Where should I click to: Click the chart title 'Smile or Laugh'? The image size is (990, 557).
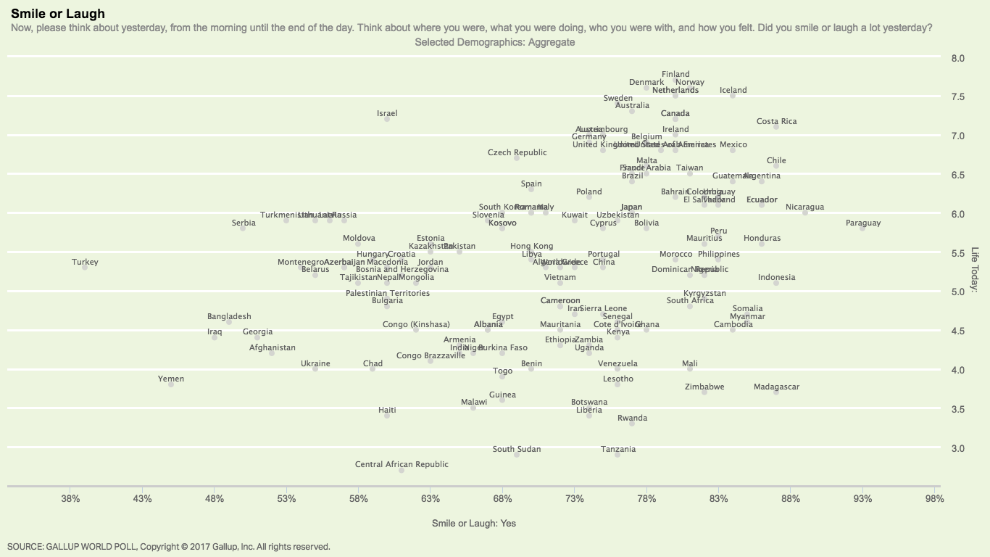click(x=58, y=14)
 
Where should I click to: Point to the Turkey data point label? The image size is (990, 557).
click(x=85, y=262)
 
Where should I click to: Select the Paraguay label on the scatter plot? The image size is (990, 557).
click(x=862, y=223)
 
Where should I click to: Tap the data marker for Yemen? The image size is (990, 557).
click(x=171, y=384)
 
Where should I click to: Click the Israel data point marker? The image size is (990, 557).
click(x=387, y=119)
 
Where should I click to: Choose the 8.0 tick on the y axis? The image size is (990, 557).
click(x=957, y=59)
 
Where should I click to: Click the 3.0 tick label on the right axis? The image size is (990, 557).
click(x=957, y=449)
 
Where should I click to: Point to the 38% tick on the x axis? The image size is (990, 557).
click(x=70, y=499)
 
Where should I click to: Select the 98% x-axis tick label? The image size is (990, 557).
click(x=934, y=499)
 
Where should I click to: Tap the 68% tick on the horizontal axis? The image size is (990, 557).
click(x=502, y=499)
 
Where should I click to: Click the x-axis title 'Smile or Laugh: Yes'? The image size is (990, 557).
click(x=474, y=523)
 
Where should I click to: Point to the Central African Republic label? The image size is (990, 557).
click(x=402, y=464)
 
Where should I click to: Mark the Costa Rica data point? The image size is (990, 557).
click(x=776, y=127)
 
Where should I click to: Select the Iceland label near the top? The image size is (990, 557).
click(x=733, y=90)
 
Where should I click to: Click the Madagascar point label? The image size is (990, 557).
click(x=776, y=387)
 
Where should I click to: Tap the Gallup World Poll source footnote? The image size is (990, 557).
click(x=168, y=547)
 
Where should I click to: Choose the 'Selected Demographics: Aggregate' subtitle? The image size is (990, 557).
click(x=494, y=42)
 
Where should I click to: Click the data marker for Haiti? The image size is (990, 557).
click(x=387, y=416)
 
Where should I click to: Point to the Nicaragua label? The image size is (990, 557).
click(x=804, y=207)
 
